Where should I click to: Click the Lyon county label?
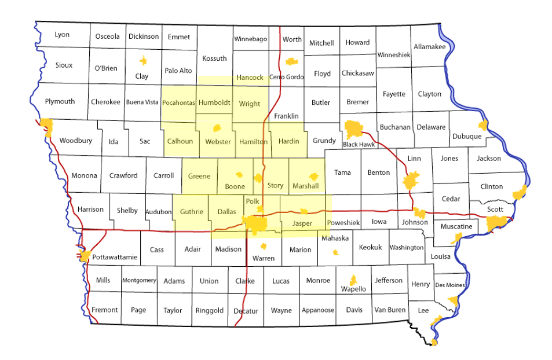(x=62, y=35)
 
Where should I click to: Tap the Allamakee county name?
(x=429, y=46)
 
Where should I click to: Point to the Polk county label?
(x=253, y=201)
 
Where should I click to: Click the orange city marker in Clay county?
(x=143, y=60)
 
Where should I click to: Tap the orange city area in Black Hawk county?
(x=353, y=128)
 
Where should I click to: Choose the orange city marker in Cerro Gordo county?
(x=291, y=61)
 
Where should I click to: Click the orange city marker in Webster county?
(x=218, y=128)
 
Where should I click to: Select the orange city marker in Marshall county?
(x=314, y=177)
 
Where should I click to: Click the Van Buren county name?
(x=389, y=310)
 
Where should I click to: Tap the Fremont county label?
(x=105, y=310)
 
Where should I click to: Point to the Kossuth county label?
(x=214, y=58)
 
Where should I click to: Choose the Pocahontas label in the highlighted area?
(x=178, y=103)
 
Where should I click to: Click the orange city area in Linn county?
(x=412, y=181)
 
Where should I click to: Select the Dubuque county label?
(x=467, y=136)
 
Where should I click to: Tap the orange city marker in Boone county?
(x=239, y=175)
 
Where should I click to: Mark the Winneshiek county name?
(x=393, y=55)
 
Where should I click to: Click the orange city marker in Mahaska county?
(x=335, y=252)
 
